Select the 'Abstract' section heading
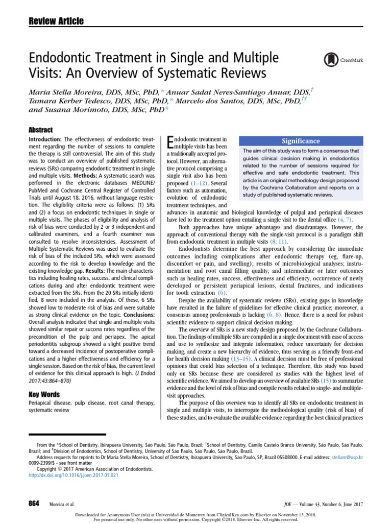click(x=41, y=130)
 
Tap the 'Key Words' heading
click(x=44, y=394)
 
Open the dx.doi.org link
click(x=73, y=475)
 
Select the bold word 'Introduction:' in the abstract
click(x=45, y=139)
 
